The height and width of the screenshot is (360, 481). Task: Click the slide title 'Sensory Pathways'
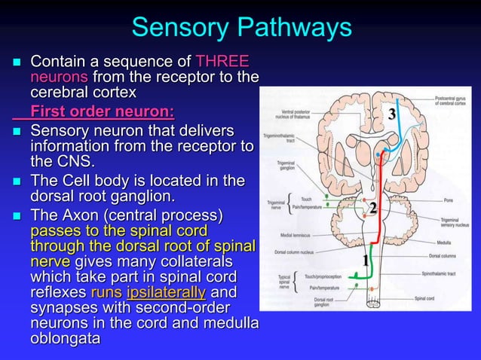(x=241, y=28)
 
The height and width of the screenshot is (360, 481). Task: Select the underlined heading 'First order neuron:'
(x=103, y=113)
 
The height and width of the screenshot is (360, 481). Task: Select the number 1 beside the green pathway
(x=366, y=261)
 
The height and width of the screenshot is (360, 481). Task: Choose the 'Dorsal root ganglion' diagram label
(x=324, y=303)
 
